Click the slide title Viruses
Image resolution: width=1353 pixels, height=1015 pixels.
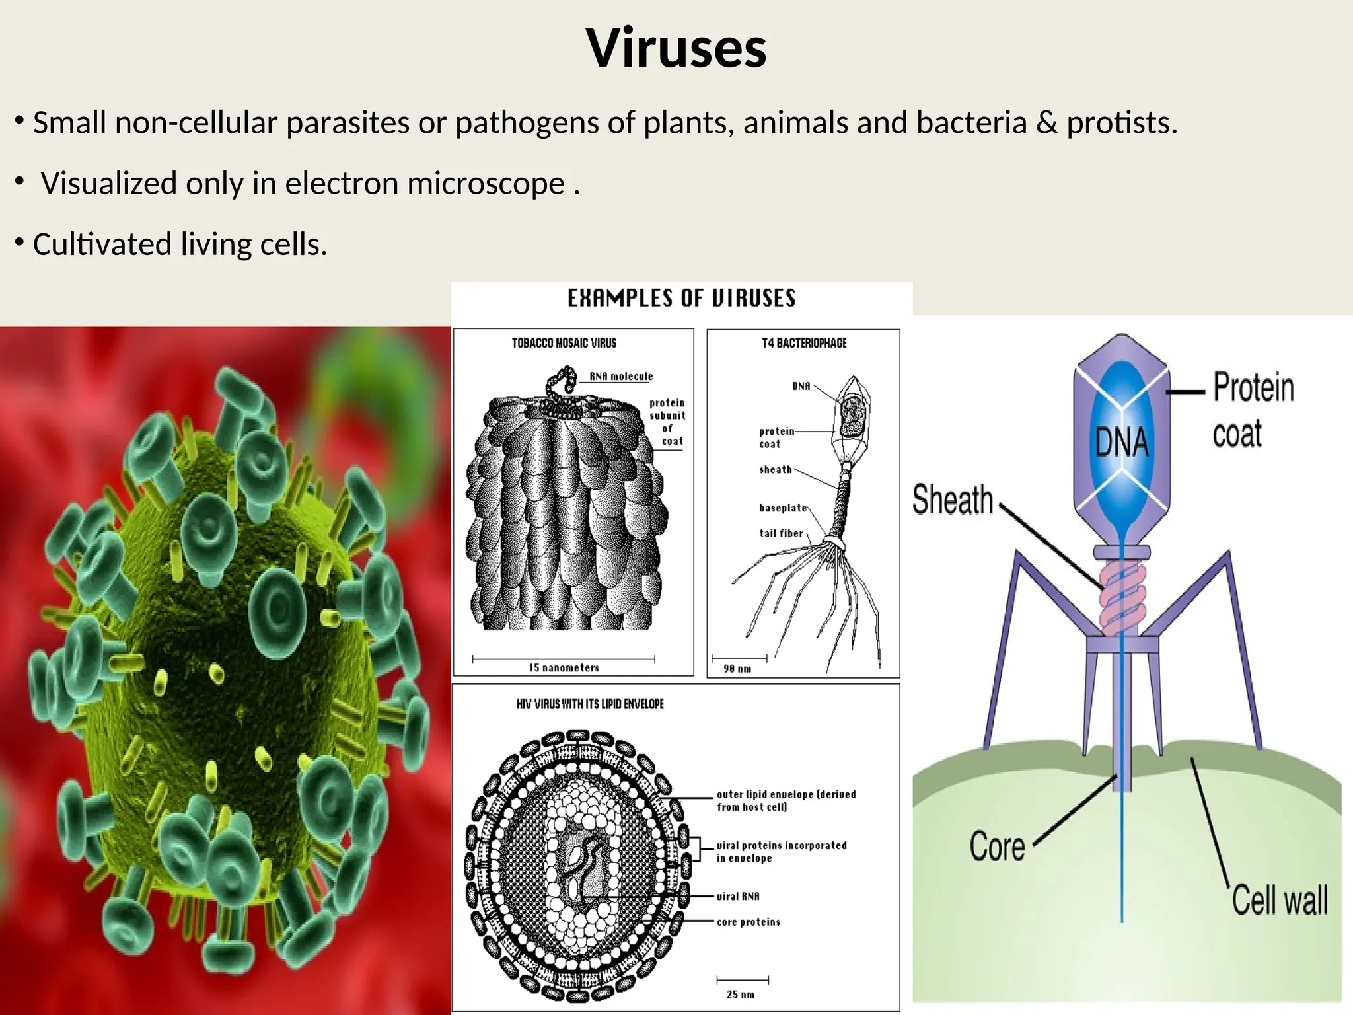676,48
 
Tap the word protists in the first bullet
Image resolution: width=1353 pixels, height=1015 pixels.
1121,123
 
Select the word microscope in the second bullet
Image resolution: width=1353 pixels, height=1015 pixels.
486,184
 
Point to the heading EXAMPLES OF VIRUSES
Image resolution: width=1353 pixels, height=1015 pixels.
681,298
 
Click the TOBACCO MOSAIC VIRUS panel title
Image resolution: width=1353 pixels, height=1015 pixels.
564,343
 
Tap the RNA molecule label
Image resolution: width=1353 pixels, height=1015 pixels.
620,376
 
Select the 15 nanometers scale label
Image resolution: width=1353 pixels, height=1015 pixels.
564,668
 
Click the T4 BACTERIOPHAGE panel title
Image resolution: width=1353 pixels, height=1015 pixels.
803,343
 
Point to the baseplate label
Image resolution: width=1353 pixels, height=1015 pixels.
783,507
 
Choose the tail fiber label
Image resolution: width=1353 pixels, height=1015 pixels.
781,533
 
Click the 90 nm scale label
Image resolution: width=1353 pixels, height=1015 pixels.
737,669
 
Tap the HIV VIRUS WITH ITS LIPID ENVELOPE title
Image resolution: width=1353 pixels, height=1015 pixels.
590,704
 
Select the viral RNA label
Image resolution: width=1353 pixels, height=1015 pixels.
738,896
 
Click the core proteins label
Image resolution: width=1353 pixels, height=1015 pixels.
748,922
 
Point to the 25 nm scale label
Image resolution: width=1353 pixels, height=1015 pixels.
740,995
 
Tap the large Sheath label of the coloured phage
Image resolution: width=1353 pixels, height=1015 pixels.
952,500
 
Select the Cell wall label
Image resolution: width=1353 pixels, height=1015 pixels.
1279,900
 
